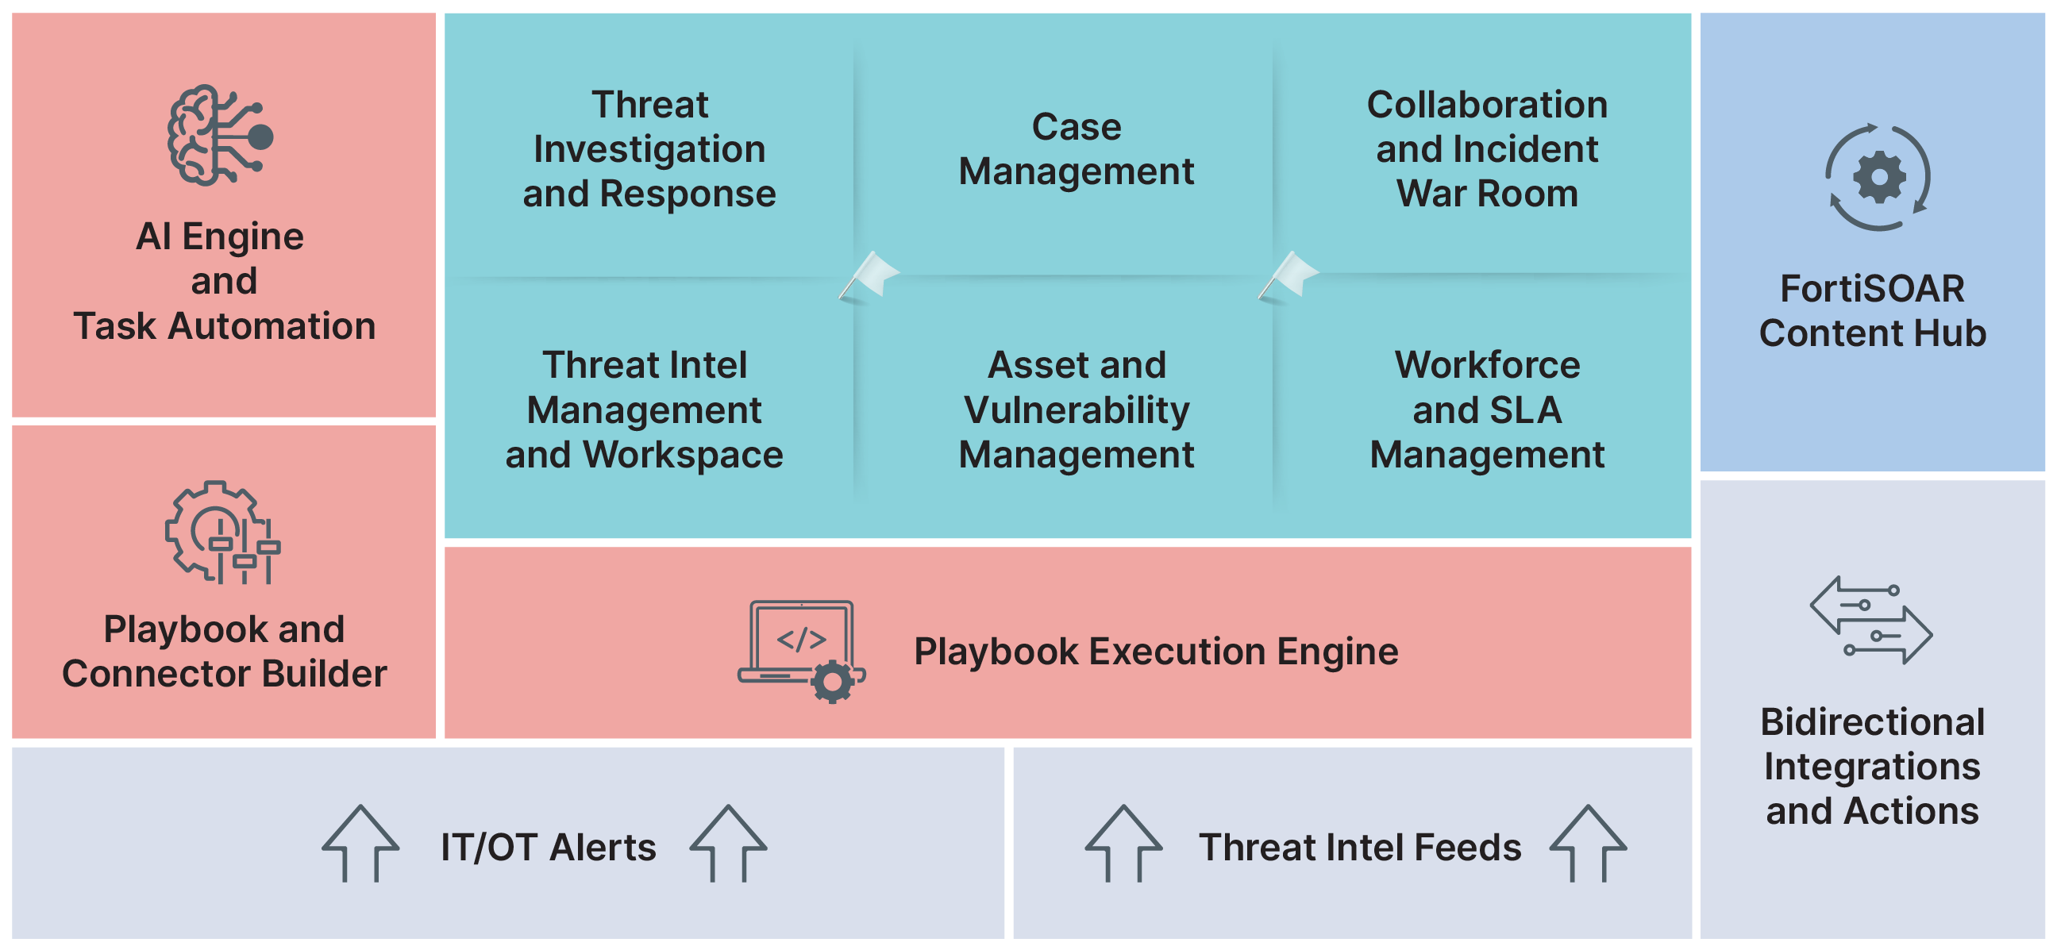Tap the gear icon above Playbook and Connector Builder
tap(222, 533)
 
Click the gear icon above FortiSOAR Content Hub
tap(1878, 178)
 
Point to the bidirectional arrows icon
tap(1871, 621)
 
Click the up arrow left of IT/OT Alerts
tap(360, 843)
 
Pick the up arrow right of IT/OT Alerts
tap(728, 843)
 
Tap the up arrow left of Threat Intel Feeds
tap(1123, 843)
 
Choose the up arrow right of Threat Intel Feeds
tap(1589, 843)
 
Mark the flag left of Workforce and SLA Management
tap(1289, 276)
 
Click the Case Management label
tap(1077, 149)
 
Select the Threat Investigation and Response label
tap(649, 149)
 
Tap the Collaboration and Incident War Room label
tap(1487, 149)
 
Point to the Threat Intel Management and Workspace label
tap(645, 410)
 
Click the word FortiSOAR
tap(1872, 288)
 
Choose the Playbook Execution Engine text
tap(1155, 652)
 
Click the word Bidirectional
tap(1873, 721)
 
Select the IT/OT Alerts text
tap(548, 847)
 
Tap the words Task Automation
tap(225, 325)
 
